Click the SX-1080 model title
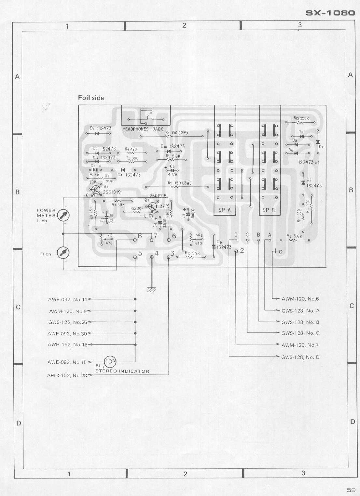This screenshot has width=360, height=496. click(330, 13)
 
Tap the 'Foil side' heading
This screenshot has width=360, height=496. click(91, 98)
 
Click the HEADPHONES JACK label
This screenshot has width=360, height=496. click(143, 129)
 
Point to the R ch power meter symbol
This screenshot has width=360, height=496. click(63, 253)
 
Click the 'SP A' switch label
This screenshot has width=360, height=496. click(224, 210)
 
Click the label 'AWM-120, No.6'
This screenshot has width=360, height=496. click(300, 299)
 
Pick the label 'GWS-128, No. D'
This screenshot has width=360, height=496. click(300, 357)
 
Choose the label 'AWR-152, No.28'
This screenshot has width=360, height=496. click(67, 375)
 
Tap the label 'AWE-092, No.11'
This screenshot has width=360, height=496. click(68, 299)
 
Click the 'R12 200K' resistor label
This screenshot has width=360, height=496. click(301, 118)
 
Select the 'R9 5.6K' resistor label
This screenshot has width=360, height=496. click(295, 236)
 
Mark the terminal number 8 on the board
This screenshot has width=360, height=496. click(140, 236)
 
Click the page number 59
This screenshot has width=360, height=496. click(351, 490)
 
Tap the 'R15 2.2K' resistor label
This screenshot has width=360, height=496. click(192, 253)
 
